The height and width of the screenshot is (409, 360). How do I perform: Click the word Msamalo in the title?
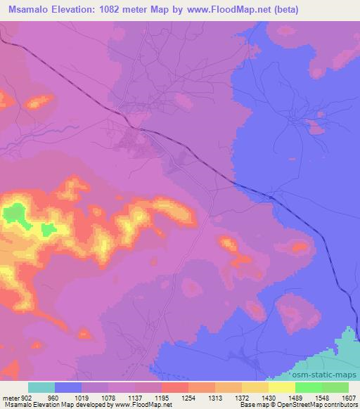click(x=31, y=10)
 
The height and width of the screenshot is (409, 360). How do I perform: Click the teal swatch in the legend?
click(x=41, y=387)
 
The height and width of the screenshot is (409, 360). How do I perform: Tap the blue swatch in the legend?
click(x=68, y=387)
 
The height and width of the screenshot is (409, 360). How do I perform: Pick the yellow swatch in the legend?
click(x=282, y=387)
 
